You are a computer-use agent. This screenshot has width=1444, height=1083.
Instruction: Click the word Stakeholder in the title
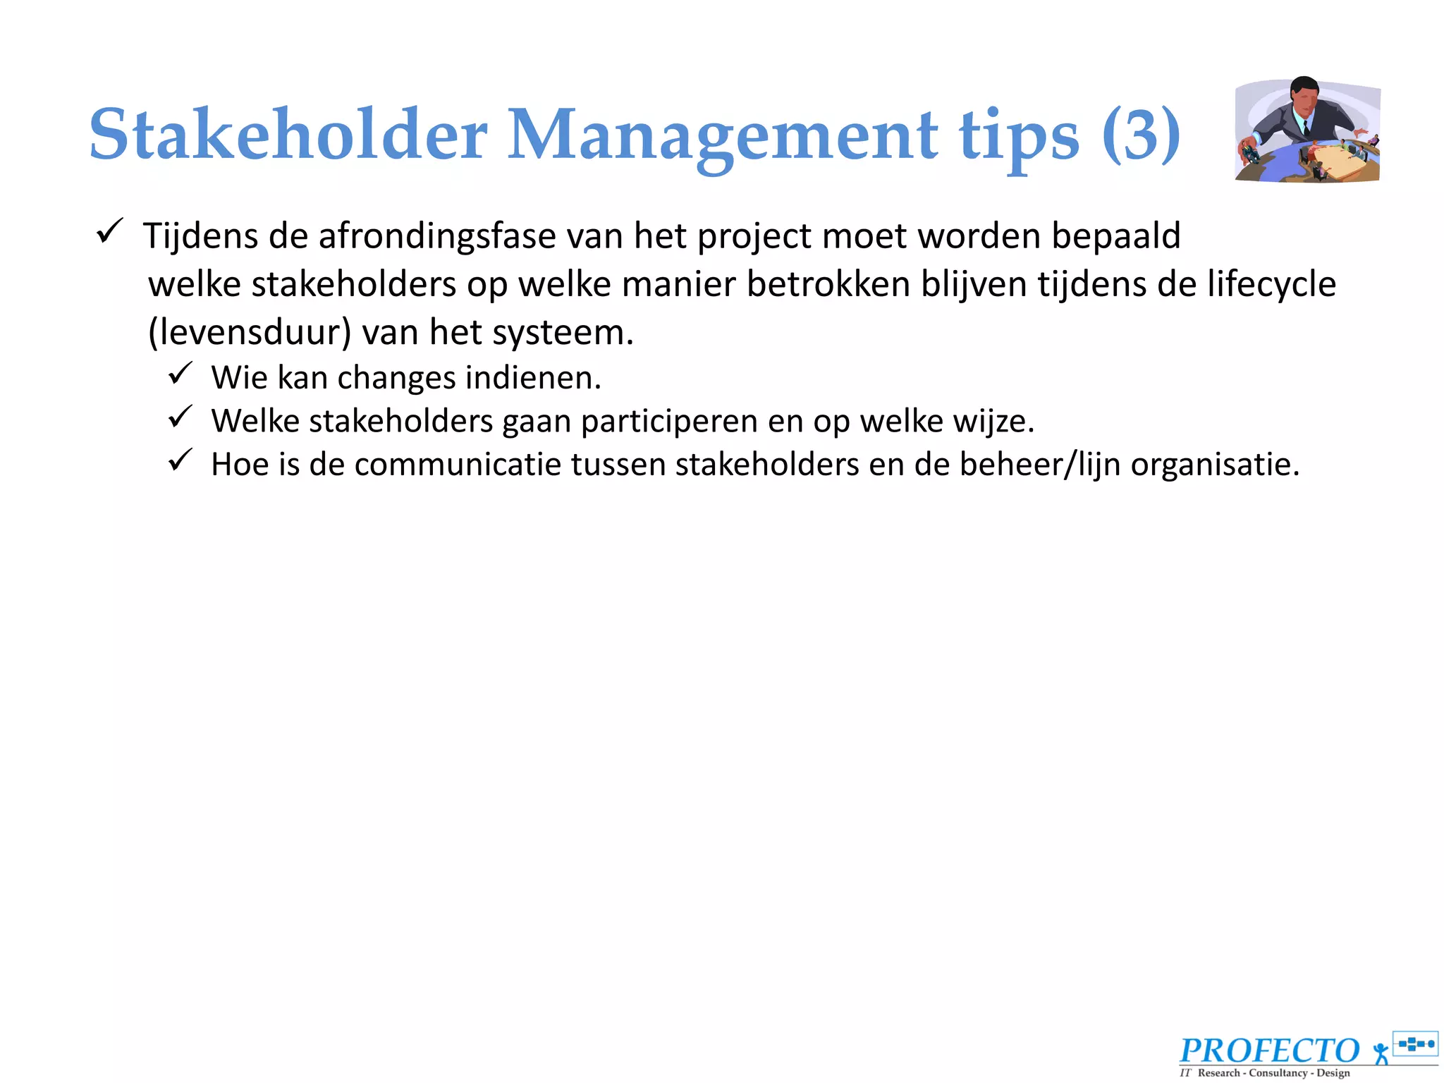pyautogui.click(x=288, y=134)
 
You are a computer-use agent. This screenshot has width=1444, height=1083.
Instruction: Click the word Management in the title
pyautogui.click(x=722, y=134)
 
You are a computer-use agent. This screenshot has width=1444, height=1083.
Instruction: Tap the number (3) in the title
pyautogui.click(x=1141, y=134)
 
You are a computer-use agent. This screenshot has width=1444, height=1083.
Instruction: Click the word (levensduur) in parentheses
pyautogui.click(x=249, y=332)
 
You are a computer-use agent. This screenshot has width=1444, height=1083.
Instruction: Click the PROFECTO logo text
pyautogui.click(x=1269, y=1051)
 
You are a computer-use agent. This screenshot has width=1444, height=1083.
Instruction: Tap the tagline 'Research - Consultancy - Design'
pyautogui.click(x=1273, y=1073)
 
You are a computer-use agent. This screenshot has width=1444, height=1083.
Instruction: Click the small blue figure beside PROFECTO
pyautogui.click(x=1381, y=1053)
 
